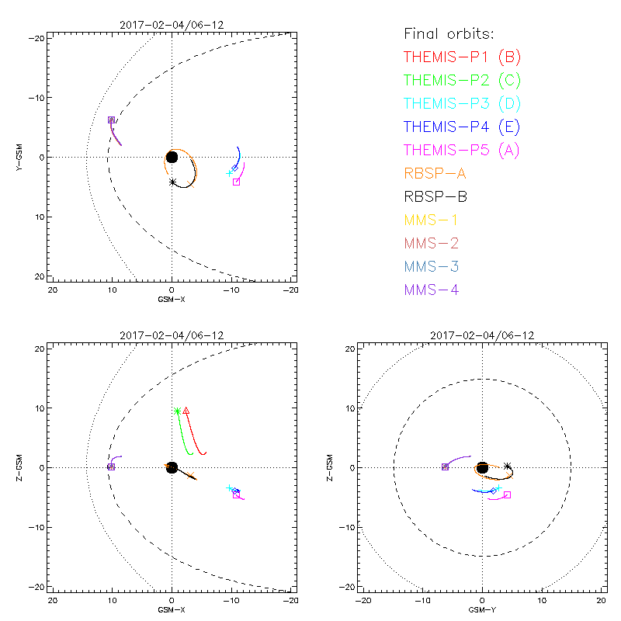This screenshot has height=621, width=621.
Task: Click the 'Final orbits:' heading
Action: click(449, 33)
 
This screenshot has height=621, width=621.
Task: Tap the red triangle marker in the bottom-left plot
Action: click(186, 411)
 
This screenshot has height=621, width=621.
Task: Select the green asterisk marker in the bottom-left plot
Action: click(177, 411)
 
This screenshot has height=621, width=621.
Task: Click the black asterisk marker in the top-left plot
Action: click(172, 182)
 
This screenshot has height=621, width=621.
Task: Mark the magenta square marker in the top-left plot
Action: click(236, 182)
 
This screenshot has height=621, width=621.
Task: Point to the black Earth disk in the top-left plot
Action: click(172, 157)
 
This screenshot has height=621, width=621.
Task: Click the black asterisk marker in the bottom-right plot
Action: click(508, 467)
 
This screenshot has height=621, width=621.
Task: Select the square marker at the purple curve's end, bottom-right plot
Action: click(445, 467)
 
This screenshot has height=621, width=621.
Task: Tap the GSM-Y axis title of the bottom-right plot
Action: click(482, 610)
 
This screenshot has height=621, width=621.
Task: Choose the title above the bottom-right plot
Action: click(482, 335)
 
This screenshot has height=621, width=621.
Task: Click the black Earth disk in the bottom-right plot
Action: click(482, 467)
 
